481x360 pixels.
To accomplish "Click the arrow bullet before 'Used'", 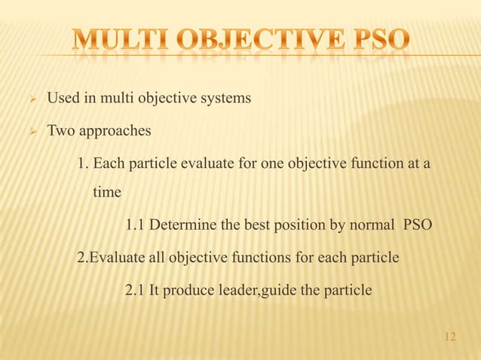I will click(x=31, y=99).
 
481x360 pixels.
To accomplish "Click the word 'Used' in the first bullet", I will click(x=63, y=99).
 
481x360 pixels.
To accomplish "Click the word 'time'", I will click(x=106, y=192).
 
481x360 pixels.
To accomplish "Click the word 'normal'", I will click(x=371, y=225).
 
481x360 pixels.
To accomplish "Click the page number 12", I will click(x=451, y=336).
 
